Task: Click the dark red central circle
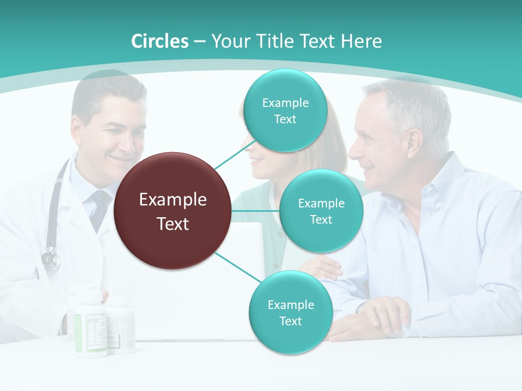(173, 211)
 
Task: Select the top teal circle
(284, 110)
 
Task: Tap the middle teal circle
(321, 211)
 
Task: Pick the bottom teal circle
(290, 312)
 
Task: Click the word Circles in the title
(160, 41)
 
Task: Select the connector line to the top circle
(235, 154)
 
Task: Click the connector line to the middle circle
(256, 211)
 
